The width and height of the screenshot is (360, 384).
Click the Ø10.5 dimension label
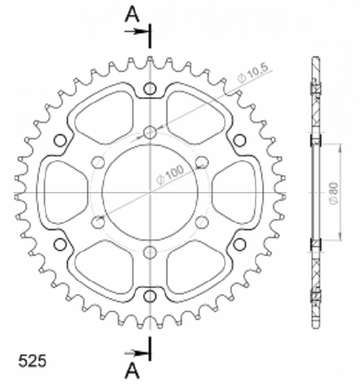click(253, 73)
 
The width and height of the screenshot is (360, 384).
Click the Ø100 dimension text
click(170, 175)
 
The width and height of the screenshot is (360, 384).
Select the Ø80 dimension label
click(334, 194)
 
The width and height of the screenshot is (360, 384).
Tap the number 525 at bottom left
click(32, 360)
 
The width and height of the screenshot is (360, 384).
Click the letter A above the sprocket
click(132, 14)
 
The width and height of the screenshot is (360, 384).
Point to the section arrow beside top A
click(137, 31)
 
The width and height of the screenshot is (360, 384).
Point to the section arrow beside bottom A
click(137, 353)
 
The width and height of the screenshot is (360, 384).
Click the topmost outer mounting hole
click(150, 89)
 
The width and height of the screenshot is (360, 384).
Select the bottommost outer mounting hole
click(150, 296)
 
